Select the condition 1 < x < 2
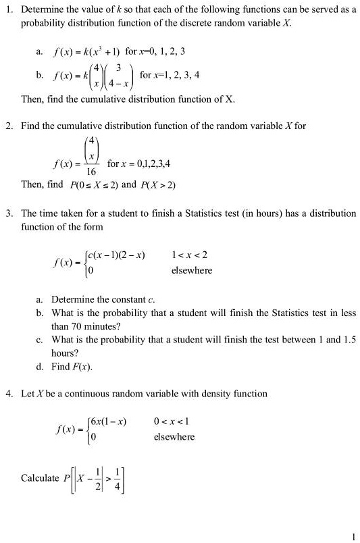[x=190, y=255]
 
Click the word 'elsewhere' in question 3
[x=192, y=270]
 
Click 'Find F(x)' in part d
[x=71, y=367]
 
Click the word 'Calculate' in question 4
[x=40, y=478]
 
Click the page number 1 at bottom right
[x=353, y=536]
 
